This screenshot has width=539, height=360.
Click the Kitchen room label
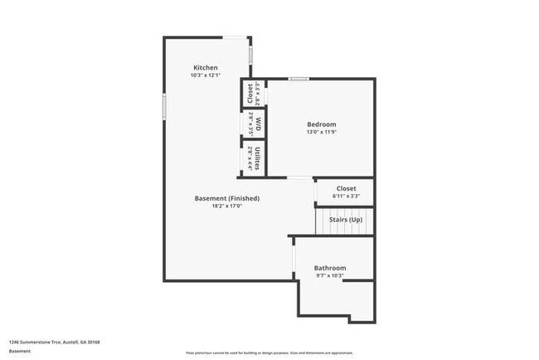tap(206, 67)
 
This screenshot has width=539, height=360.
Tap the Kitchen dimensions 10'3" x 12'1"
tap(206, 75)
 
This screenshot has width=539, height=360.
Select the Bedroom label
tap(321, 124)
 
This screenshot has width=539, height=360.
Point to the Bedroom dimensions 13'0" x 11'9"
tap(321, 132)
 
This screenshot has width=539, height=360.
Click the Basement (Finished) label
tap(226, 198)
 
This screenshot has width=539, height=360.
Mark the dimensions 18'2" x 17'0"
tap(226, 206)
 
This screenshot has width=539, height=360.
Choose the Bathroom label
tap(329, 268)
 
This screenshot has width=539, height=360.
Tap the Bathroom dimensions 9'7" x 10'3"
tap(329, 275)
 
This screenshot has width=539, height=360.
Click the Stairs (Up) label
tap(346, 220)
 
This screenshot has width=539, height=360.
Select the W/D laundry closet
tap(253, 124)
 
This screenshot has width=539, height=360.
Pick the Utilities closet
tap(253, 157)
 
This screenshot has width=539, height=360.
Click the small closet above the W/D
tap(253, 93)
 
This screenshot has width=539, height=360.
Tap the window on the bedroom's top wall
tap(299, 79)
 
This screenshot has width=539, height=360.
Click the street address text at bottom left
tap(44, 341)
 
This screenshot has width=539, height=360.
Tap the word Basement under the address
tap(20, 351)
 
